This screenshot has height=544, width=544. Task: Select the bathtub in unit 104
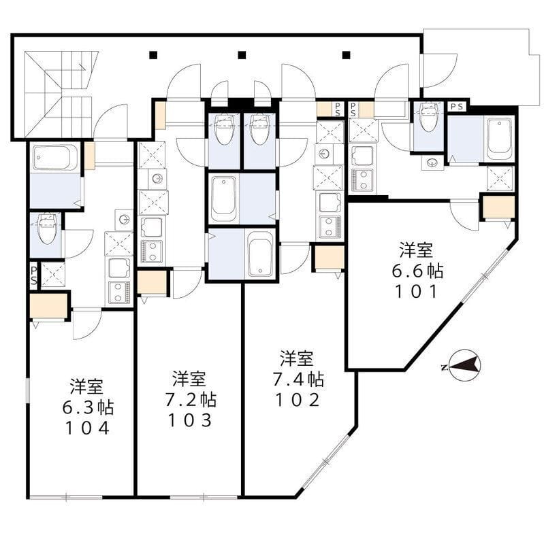pyautogui.click(x=54, y=158)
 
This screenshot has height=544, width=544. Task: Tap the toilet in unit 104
pyautogui.click(x=46, y=229)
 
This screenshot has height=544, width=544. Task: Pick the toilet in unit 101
pyautogui.click(x=428, y=118)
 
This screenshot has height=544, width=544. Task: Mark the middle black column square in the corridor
pyautogui.click(x=241, y=55)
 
